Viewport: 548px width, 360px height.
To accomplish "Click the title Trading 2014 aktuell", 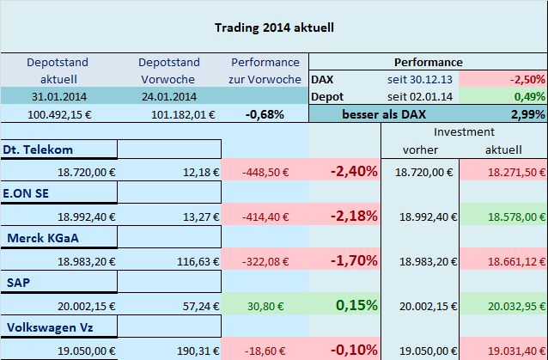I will (273, 27).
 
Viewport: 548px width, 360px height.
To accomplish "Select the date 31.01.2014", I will (57, 95).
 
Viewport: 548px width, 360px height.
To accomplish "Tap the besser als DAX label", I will (381, 113).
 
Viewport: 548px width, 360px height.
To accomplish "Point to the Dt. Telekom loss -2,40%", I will (353, 171).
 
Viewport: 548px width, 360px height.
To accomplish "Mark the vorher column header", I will (420, 150).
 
